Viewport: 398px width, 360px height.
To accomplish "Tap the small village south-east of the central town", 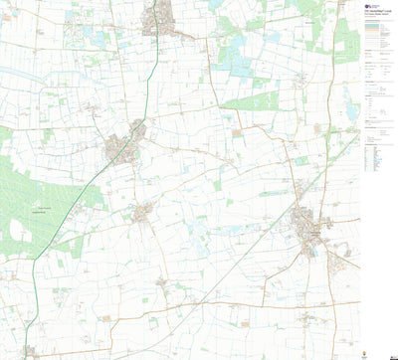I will [145, 211].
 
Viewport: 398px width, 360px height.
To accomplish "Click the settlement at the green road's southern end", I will [30, 350].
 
